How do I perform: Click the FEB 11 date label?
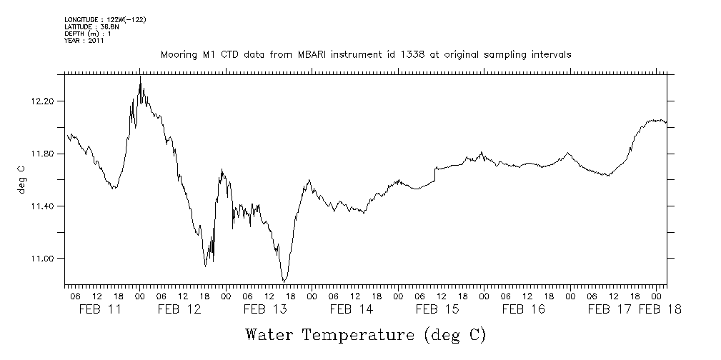[94, 309]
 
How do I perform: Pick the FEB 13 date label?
[267, 309]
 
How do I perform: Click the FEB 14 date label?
[352, 309]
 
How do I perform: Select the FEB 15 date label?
[437, 309]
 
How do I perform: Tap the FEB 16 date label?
[524, 309]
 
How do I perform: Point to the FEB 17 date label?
[610, 309]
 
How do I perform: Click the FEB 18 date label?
[660, 309]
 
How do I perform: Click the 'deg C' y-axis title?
[21, 180]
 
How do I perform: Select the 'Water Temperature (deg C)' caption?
[366, 334]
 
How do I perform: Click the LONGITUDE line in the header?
[105, 19]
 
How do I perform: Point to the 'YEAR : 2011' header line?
[84, 41]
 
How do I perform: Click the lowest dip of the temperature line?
[284, 281]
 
